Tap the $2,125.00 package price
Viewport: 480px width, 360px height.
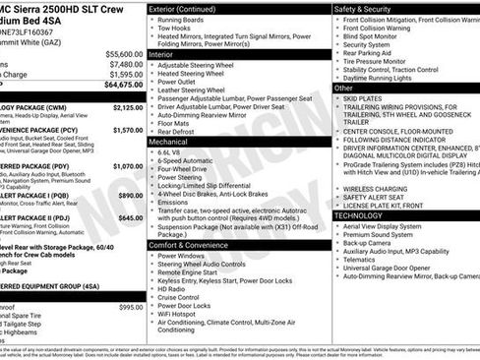click(128, 107)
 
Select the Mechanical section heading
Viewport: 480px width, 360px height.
click(170, 143)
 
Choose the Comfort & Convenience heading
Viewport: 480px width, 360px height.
click(194, 246)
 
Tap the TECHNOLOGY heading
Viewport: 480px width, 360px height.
click(359, 215)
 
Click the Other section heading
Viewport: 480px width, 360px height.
click(344, 88)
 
